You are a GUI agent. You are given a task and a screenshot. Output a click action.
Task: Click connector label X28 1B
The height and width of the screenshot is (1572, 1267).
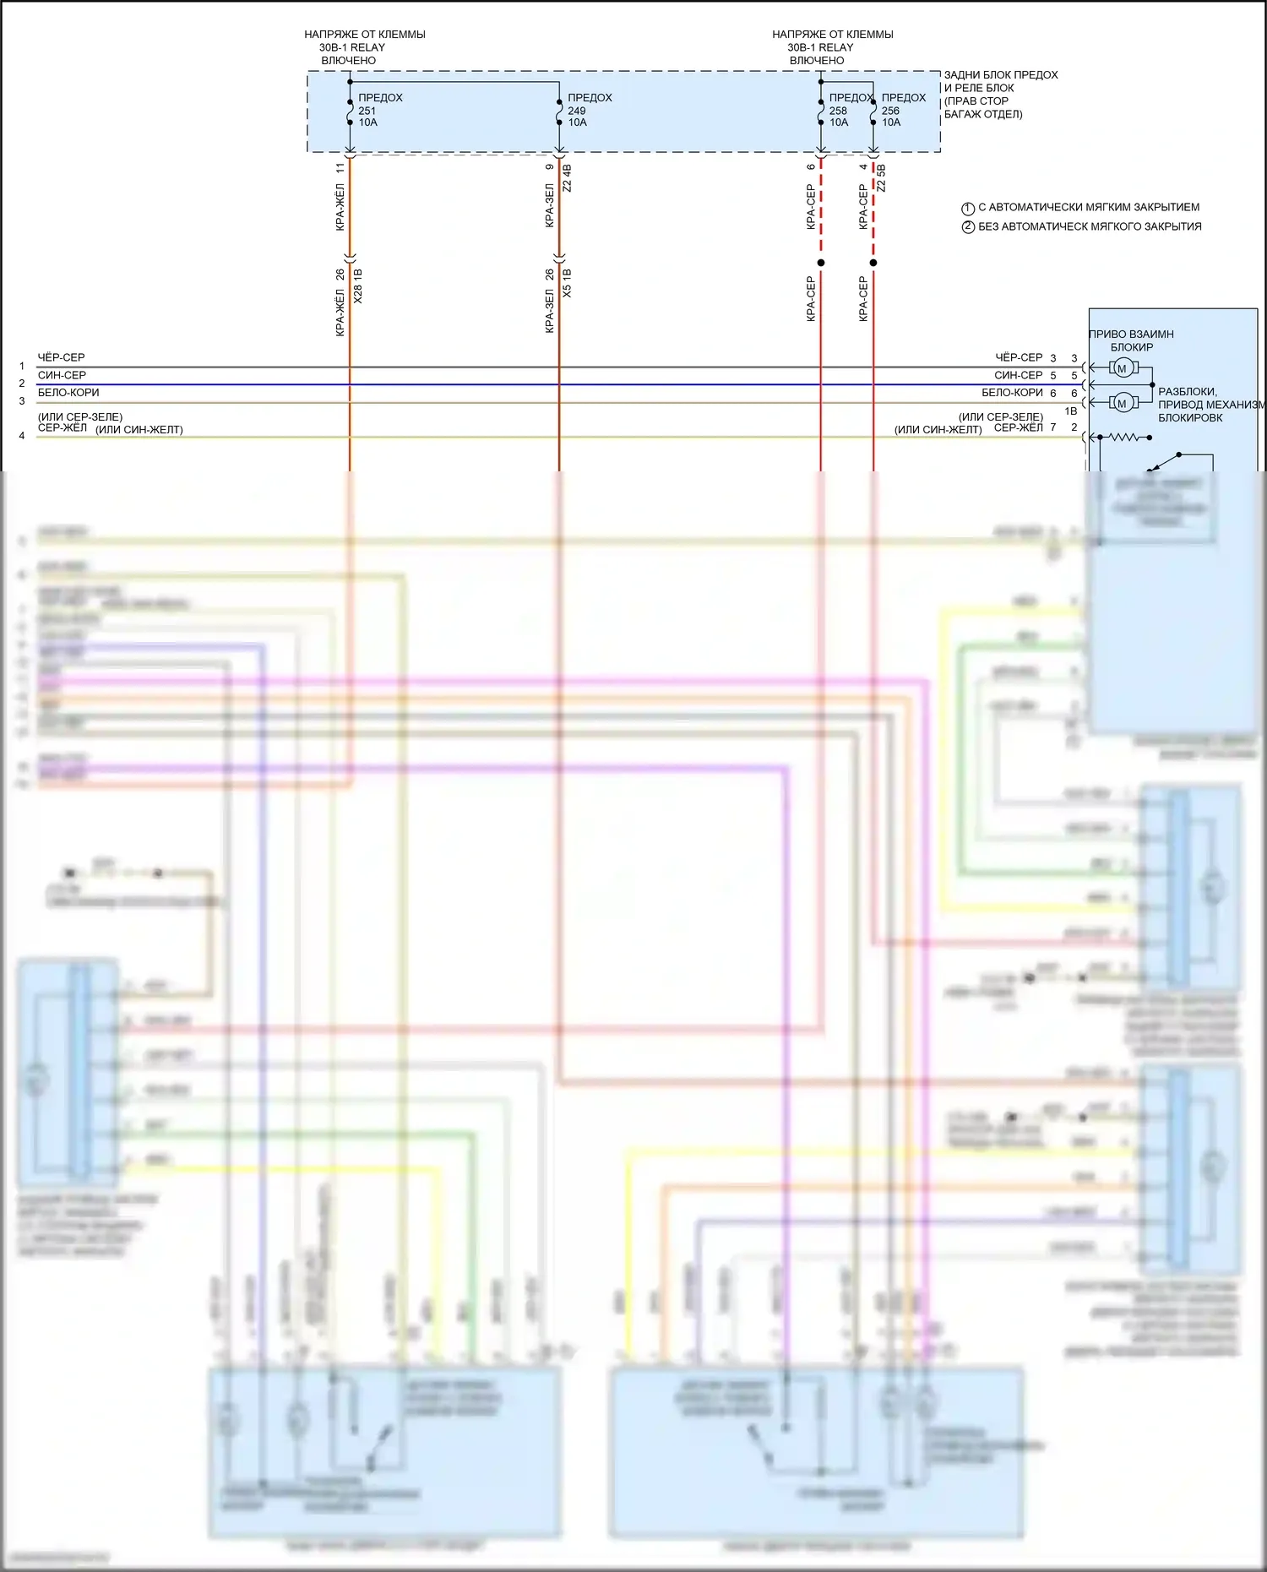pos(357,286)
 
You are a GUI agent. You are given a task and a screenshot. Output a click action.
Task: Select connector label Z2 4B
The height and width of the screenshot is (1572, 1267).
pos(567,178)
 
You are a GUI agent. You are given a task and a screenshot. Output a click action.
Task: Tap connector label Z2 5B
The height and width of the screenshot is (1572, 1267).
pos(881,178)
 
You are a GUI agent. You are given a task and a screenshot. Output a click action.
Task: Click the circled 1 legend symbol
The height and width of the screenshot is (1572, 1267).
pos(968,208)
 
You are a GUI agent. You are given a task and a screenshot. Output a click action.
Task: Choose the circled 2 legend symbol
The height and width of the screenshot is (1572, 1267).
pos(968,227)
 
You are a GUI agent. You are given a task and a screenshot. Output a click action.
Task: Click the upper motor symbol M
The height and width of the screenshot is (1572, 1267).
pos(1122,368)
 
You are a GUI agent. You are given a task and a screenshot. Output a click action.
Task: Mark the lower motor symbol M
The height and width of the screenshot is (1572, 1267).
pos(1122,403)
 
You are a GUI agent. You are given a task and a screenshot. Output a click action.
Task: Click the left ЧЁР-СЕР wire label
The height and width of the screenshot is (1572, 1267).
pos(61,357)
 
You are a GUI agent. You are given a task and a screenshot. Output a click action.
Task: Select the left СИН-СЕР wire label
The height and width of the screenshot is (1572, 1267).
pos(62,375)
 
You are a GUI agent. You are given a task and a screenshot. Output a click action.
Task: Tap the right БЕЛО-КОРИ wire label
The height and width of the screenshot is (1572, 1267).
pos(1012,393)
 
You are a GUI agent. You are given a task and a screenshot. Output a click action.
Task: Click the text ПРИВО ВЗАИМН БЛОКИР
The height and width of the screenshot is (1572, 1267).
pos(1131,340)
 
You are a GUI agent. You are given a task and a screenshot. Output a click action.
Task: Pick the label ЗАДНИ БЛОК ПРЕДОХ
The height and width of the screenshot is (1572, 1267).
pos(1000,75)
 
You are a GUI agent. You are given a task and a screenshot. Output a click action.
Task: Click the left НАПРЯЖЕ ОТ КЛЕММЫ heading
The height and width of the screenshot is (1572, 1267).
pos(364,35)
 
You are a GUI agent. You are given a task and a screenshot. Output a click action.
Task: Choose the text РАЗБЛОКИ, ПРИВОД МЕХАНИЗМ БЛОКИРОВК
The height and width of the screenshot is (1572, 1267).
pos(1210,405)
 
